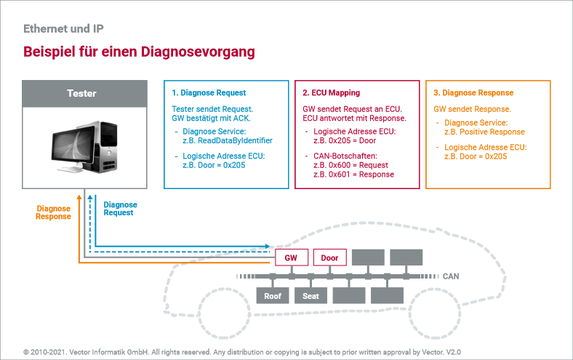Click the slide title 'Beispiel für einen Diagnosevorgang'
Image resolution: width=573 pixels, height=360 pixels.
coord(139,52)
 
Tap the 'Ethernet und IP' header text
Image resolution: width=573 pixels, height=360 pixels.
coord(63,29)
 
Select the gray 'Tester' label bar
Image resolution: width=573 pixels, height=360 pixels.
coord(81,93)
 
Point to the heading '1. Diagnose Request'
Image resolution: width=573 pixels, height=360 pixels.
coord(209,93)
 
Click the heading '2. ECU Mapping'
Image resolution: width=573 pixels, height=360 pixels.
coord(331,93)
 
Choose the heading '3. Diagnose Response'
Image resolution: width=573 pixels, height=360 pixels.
coord(473,93)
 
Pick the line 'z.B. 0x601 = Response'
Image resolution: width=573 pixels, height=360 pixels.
coord(353,175)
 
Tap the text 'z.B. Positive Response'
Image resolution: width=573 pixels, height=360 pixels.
coord(484,132)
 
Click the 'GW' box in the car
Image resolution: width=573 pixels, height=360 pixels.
coord(291,257)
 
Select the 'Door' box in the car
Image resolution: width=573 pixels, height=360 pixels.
coord(329,257)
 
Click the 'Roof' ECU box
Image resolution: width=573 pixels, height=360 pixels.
coord(273,296)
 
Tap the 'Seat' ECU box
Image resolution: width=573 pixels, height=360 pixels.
coord(310,296)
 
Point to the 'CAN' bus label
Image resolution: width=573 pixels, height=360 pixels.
coord(452,276)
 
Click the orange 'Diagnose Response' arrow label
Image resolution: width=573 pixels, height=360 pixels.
coord(54,212)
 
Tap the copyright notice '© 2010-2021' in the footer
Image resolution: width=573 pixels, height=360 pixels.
coord(47,351)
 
